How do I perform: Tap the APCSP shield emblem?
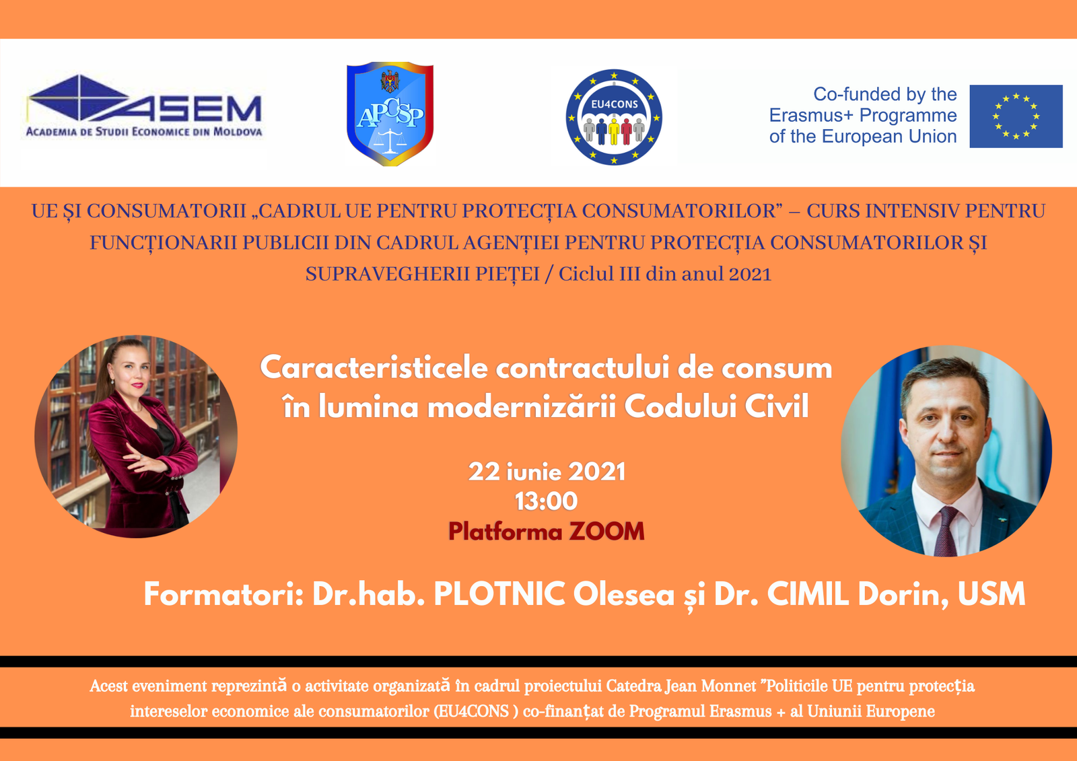(x=390, y=114)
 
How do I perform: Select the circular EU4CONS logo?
(x=614, y=117)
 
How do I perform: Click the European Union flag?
(x=1016, y=116)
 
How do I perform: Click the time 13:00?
(x=546, y=501)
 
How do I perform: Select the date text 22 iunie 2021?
(x=547, y=472)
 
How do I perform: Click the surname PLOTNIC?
(x=499, y=594)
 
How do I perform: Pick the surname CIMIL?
(x=808, y=594)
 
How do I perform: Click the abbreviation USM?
(x=992, y=594)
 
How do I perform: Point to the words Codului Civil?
(x=716, y=406)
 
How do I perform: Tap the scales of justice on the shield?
(x=390, y=141)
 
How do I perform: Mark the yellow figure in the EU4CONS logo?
(x=614, y=132)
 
